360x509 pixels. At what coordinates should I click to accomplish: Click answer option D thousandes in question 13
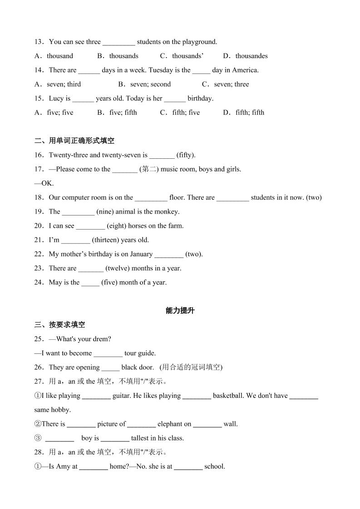(x=245, y=56)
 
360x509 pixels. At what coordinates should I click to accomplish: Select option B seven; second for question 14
(x=144, y=84)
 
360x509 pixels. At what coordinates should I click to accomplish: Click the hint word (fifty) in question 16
(x=186, y=155)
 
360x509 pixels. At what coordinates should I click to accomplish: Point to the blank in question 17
(x=125, y=170)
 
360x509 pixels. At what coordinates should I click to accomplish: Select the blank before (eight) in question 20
(x=90, y=226)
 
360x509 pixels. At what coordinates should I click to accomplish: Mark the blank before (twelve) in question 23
(x=91, y=269)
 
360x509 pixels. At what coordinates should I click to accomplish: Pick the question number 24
(x=39, y=282)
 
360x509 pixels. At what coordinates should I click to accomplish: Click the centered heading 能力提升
(x=180, y=311)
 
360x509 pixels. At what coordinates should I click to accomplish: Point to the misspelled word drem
(x=103, y=339)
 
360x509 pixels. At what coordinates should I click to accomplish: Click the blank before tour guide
(x=108, y=353)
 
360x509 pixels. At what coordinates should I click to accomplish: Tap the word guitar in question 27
(x=121, y=396)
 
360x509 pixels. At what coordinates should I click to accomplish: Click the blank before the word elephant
(x=141, y=425)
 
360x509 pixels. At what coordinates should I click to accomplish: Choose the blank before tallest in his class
(x=115, y=439)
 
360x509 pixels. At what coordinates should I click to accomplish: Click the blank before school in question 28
(x=188, y=467)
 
